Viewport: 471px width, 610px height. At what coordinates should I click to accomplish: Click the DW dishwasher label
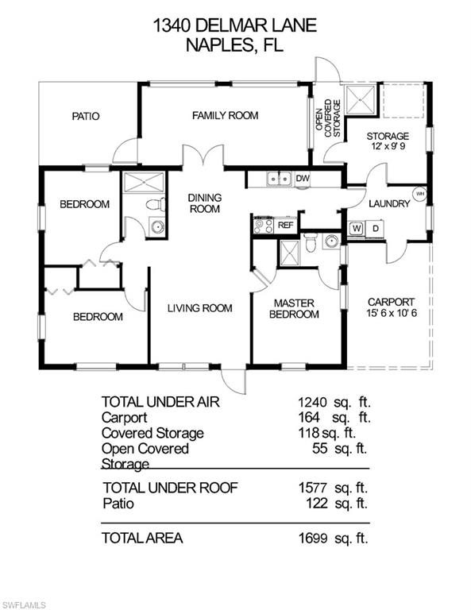click(303, 179)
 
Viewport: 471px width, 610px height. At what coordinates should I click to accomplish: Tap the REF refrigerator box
click(285, 226)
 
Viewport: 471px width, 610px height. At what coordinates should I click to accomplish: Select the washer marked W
click(357, 229)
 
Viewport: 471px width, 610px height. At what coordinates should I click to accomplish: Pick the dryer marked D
click(376, 229)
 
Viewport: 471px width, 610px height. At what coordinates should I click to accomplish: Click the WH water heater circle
click(420, 194)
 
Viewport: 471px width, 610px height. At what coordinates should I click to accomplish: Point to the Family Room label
click(226, 115)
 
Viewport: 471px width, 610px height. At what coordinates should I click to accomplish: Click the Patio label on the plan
click(86, 116)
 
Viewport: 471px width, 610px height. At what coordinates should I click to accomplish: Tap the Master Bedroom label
click(294, 308)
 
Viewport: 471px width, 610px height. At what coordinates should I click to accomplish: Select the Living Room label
click(200, 308)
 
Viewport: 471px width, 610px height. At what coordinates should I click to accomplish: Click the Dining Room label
click(205, 203)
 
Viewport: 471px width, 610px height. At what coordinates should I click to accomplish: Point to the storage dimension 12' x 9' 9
click(388, 147)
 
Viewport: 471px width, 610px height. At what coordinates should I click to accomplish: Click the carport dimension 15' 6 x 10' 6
click(392, 313)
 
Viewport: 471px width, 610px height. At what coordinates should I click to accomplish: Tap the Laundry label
click(389, 203)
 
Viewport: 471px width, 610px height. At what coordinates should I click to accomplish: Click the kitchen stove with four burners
click(264, 226)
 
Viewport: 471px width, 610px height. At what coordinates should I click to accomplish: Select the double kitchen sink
click(280, 179)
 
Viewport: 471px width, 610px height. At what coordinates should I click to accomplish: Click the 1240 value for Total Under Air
click(310, 402)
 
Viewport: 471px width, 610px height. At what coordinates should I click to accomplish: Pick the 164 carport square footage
click(309, 418)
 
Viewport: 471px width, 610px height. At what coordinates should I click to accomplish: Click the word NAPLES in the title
click(220, 45)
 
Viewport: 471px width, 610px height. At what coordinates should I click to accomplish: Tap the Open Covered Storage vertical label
click(328, 118)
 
